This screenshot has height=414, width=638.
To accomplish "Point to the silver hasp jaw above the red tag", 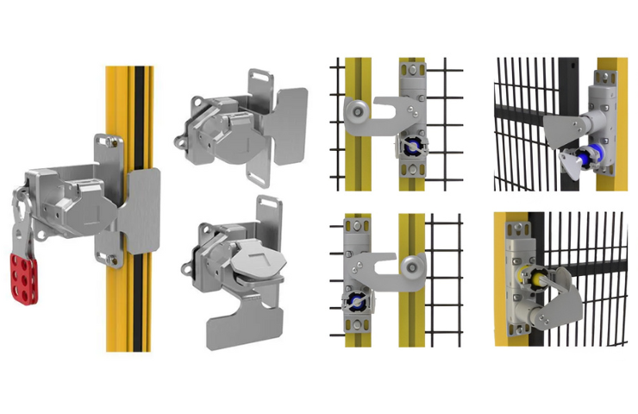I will tap(21, 216).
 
